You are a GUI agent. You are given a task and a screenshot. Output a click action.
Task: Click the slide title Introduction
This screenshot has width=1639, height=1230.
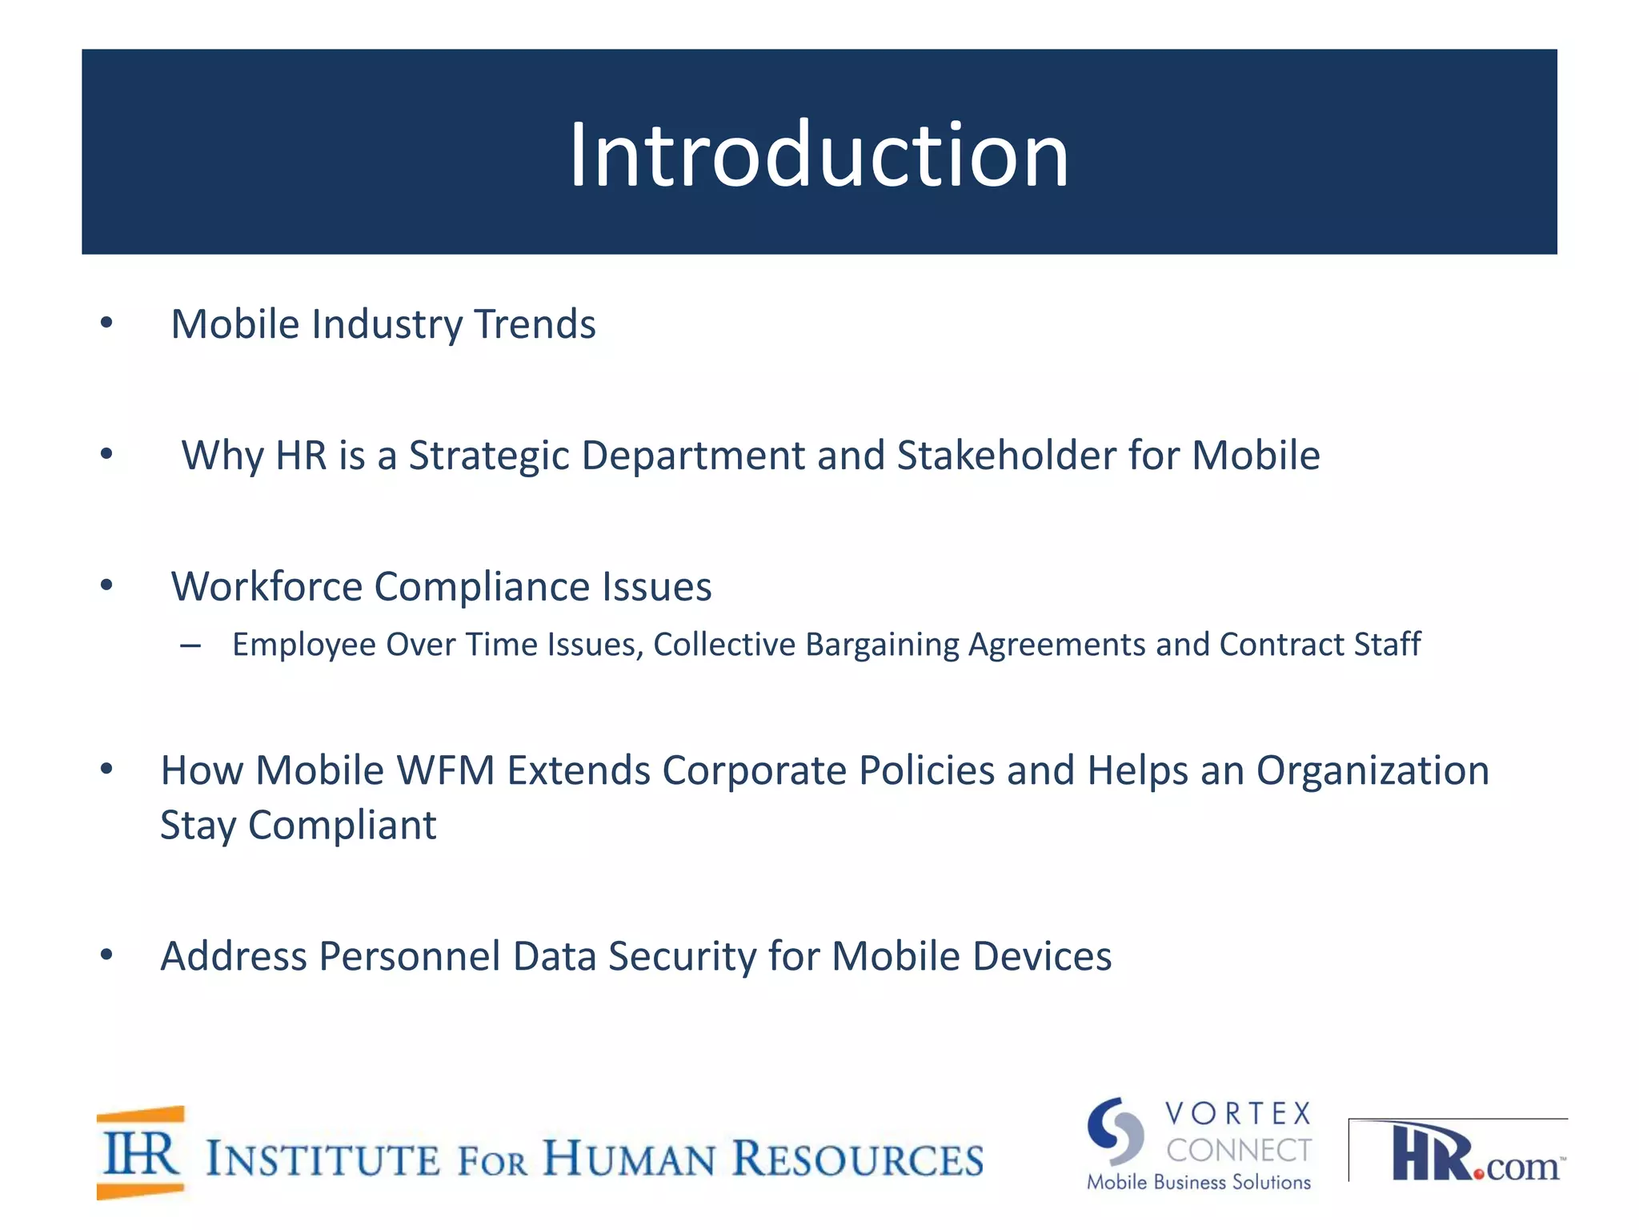click(x=819, y=154)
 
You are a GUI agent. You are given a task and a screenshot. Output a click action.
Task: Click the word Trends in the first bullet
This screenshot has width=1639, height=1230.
click(x=535, y=324)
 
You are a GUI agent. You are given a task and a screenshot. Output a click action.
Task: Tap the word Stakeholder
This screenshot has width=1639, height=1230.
click(x=1006, y=456)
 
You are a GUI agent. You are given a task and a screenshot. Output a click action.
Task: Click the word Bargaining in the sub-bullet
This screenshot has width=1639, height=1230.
click(x=882, y=645)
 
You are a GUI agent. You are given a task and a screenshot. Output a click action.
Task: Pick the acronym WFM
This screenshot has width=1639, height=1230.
click(x=445, y=770)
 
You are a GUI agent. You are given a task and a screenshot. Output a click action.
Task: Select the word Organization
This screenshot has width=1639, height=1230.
click(x=1372, y=770)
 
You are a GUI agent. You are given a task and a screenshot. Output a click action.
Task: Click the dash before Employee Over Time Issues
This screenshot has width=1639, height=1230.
click(x=190, y=645)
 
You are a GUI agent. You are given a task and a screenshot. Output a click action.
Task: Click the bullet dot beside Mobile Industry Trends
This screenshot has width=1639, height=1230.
click(x=106, y=324)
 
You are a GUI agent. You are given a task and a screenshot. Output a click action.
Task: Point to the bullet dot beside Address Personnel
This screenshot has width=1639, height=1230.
click(x=106, y=955)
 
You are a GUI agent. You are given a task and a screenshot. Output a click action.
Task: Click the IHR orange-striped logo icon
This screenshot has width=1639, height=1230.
click(x=141, y=1153)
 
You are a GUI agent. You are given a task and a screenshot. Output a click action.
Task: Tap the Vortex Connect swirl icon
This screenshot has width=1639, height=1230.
click(x=1115, y=1132)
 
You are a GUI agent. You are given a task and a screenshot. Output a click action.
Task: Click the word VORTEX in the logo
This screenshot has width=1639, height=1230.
click(x=1238, y=1114)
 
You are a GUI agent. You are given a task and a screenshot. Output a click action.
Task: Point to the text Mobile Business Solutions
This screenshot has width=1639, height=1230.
click(x=1198, y=1183)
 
